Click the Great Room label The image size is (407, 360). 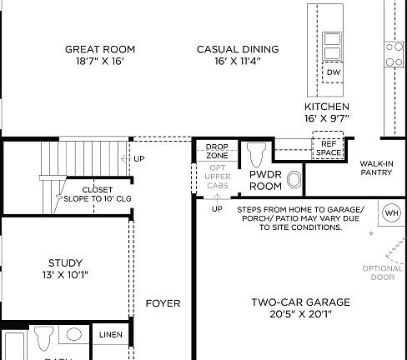[x=100, y=49]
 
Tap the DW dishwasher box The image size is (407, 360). [x=333, y=72]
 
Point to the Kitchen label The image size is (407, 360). [x=326, y=107]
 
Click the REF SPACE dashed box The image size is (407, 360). [x=327, y=147]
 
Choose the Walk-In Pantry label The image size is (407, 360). [x=377, y=167]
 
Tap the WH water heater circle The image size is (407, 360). [x=391, y=213]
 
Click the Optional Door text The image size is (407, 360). [x=382, y=272]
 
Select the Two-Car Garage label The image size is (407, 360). [x=300, y=302]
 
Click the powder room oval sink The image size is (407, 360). [x=294, y=179]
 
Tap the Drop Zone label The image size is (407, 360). [x=217, y=151]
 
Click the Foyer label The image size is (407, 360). [x=163, y=303]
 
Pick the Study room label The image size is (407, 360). [x=64, y=262]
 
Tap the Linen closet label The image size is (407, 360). [x=110, y=335]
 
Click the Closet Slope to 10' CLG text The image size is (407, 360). [x=98, y=194]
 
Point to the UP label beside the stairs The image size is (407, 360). [x=138, y=158]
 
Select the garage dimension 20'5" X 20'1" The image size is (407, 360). [x=300, y=314]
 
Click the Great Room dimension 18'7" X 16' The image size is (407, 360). [x=100, y=62]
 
